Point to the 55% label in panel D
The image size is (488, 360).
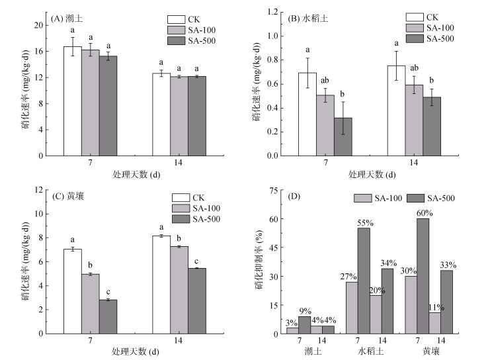click(x=364, y=223)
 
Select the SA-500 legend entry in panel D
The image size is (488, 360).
click(x=429, y=198)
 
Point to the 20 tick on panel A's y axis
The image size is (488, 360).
click(x=39, y=25)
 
